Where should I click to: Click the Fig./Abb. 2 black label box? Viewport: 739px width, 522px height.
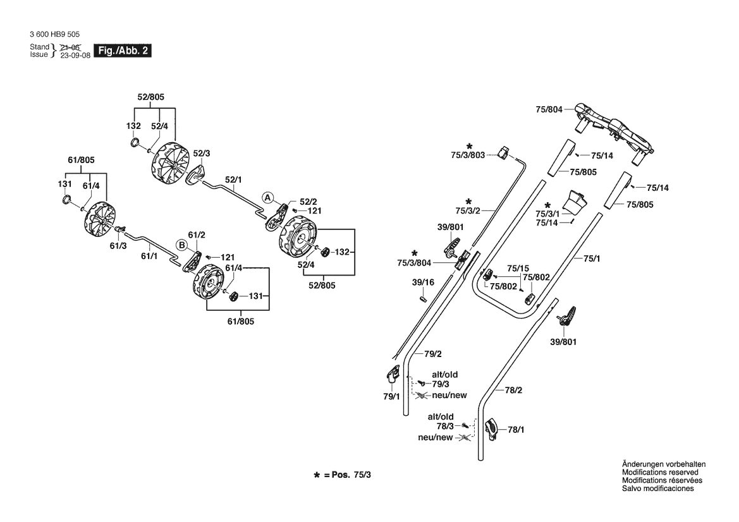(x=123, y=51)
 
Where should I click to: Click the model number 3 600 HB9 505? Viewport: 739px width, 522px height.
(x=54, y=34)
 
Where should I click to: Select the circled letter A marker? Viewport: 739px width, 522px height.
(x=267, y=198)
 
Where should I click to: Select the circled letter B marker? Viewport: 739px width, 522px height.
(x=181, y=245)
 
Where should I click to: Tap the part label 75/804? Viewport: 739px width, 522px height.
(x=549, y=109)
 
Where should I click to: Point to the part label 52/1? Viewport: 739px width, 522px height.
(x=233, y=179)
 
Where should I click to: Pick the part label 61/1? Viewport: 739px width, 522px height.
(x=149, y=256)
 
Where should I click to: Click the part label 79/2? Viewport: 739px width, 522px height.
(x=433, y=354)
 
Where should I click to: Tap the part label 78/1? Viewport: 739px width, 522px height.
(x=516, y=430)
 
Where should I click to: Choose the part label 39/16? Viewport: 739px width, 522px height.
(x=423, y=282)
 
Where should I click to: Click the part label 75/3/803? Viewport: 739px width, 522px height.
(x=468, y=155)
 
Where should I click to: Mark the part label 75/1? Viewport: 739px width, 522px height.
(x=592, y=258)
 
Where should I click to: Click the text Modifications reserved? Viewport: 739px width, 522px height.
(x=660, y=472)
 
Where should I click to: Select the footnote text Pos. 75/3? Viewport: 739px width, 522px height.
(x=351, y=475)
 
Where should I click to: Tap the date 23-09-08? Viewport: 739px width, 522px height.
(x=75, y=55)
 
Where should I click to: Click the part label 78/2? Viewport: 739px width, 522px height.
(x=513, y=390)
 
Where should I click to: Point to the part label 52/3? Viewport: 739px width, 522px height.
(x=201, y=154)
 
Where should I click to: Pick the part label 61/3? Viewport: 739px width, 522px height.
(x=118, y=245)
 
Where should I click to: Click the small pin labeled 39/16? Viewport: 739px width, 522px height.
(x=423, y=298)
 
